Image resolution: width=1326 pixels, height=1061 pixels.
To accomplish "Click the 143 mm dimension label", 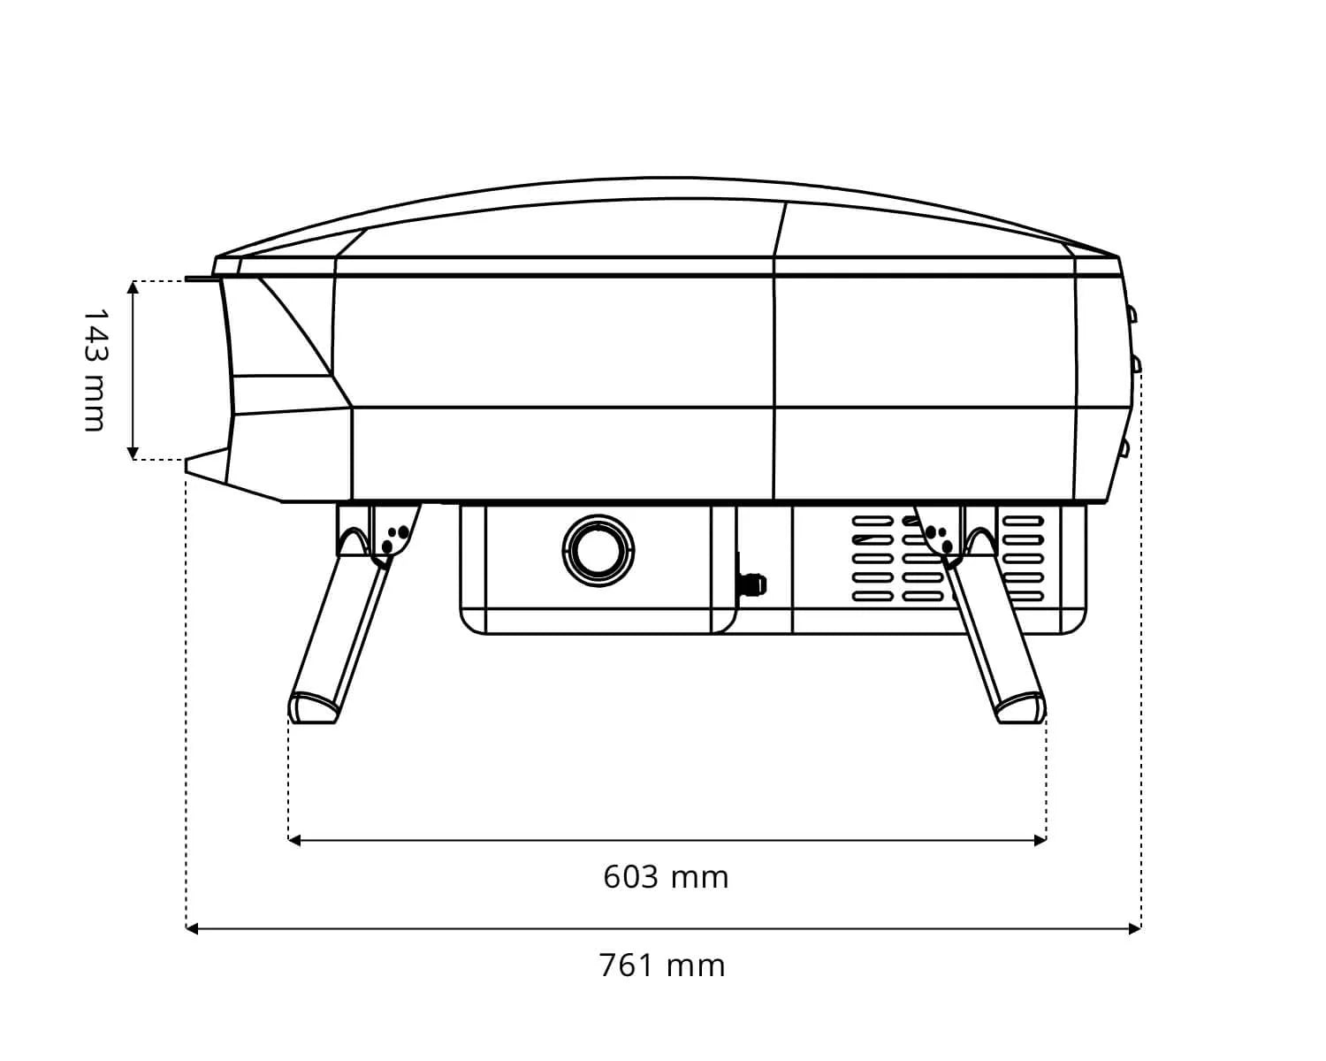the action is pos(95,370).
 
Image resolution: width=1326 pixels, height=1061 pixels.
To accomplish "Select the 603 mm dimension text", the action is pos(666,877).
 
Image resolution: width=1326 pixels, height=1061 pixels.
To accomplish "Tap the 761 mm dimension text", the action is pos(662,966).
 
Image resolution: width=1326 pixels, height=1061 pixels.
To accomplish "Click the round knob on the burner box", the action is pos(598,551).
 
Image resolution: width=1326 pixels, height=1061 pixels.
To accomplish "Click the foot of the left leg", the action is pos(313,707).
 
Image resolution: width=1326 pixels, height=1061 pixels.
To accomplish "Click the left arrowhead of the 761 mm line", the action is pos(192,928).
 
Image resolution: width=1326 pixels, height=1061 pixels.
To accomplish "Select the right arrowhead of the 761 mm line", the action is pos(1135,928).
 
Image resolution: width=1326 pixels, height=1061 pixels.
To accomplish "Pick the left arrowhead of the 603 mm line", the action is pos(294,840).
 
